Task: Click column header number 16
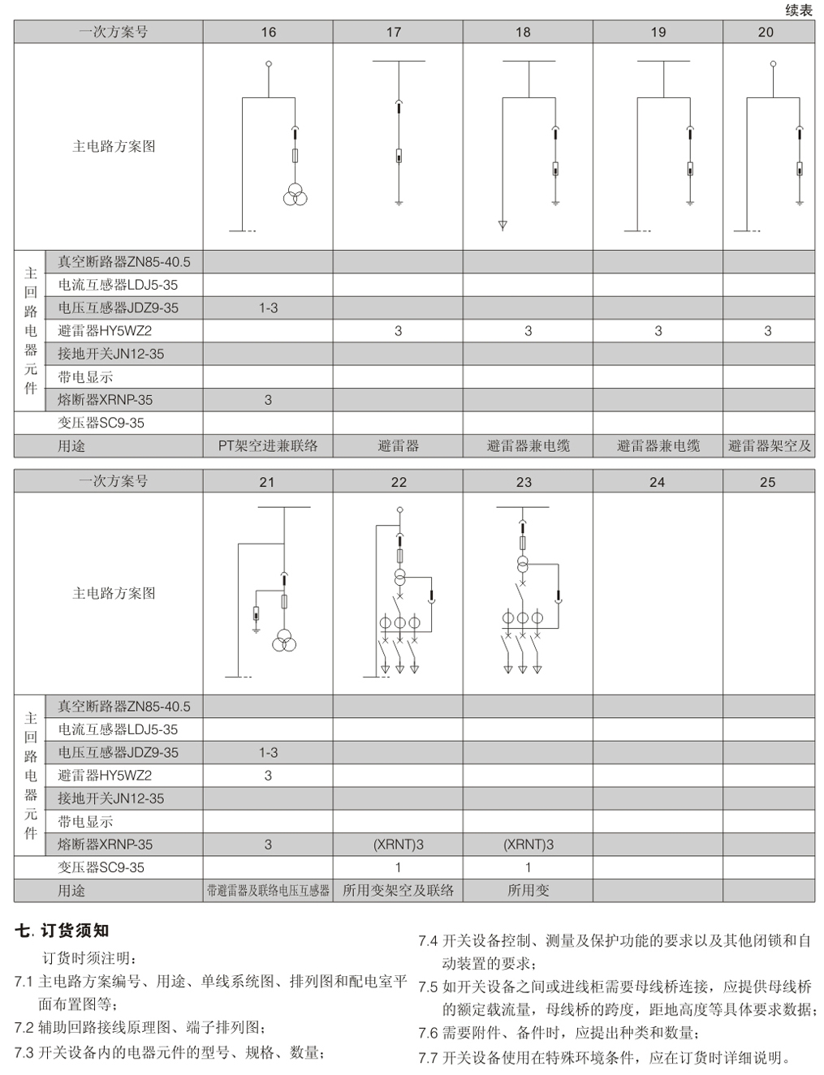point(268,32)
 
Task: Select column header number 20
point(766,32)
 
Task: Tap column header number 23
point(524,482)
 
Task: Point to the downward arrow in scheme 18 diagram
point(503,225)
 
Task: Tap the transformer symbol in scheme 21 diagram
point(284,640)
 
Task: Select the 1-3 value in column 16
point(268,308)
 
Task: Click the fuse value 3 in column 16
point(268,400)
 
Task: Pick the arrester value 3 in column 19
point(658,331)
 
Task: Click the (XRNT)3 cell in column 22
point(398,845)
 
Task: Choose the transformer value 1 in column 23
point(528,867)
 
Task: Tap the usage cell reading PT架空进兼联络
point(268,445)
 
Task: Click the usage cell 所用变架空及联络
point(398,891)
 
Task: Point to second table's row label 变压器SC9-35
point(101,867)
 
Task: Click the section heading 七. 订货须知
point(62,931)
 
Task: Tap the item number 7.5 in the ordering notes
point(428,987)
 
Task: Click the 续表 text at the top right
point(799,11)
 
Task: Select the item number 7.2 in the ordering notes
point(24,1028)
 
